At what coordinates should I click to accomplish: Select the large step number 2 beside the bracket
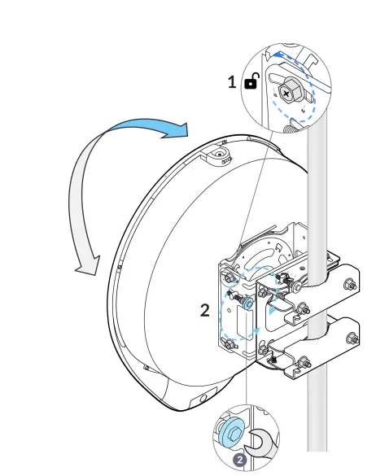[x=206, y=310]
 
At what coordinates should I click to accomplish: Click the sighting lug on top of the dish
[x=218, y=154]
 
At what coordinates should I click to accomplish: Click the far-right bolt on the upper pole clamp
[x=350, y=284]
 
